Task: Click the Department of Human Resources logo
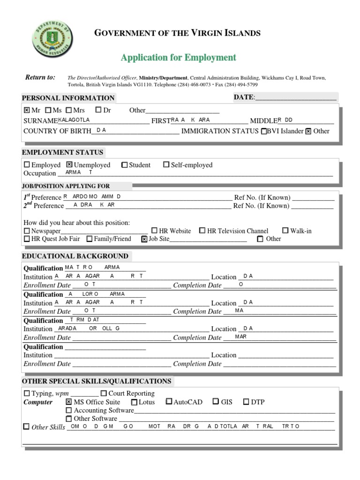click(52, 41)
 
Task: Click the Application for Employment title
click(178, 58)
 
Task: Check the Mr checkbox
click(27, 111)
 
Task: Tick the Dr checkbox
click(98, 110)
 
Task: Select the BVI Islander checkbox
click(264, 131)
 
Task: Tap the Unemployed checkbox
click(69, 165)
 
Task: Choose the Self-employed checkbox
click(166, 165)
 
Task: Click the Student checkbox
click(124, 165)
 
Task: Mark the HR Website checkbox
click(155, 231)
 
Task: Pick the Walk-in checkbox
click(285, 231)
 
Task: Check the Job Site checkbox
click(144, 239)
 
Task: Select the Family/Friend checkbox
click(90, 239)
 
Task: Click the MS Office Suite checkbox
click(69, 402)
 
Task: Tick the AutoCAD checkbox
click(169, 402)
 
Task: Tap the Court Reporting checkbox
click(104, 394)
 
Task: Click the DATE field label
click(244, 97)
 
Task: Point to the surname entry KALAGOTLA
click(74, 120)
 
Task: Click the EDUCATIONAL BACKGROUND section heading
click(75, 256)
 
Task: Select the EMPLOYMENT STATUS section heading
click(62, 152)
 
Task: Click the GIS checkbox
click(216, 402)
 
